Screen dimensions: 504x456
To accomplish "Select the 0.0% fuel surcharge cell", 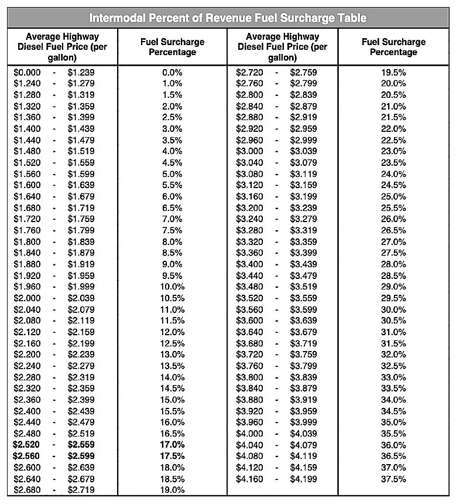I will click(x=172, y=72).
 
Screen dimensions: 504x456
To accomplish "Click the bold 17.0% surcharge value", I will click(x=172, y=445).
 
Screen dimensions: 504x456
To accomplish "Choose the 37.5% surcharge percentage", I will click(x=393, y=479).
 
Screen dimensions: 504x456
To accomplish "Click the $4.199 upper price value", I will click(x=303, y=479).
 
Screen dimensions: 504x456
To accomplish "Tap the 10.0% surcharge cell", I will click(x=172, y=287).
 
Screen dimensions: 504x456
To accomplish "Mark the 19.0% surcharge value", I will click(x=172, y=490).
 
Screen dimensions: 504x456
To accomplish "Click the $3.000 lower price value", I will click(x=250, y=151).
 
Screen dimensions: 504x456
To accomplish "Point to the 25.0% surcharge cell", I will click(x=393, y=196).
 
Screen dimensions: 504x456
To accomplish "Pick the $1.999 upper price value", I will click(x=81, y=287).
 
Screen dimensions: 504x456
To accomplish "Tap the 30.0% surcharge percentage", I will click(x=393, y=309).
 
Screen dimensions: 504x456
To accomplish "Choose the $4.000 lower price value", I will click(x=250, y=434).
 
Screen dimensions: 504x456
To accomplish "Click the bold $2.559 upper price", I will click(x=81, y=445).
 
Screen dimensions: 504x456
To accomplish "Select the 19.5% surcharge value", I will click(x=393, y=72).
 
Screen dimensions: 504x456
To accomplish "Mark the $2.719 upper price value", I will click(x=81, y=490).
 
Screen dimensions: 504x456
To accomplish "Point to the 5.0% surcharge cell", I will click(x=172, y=174).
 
